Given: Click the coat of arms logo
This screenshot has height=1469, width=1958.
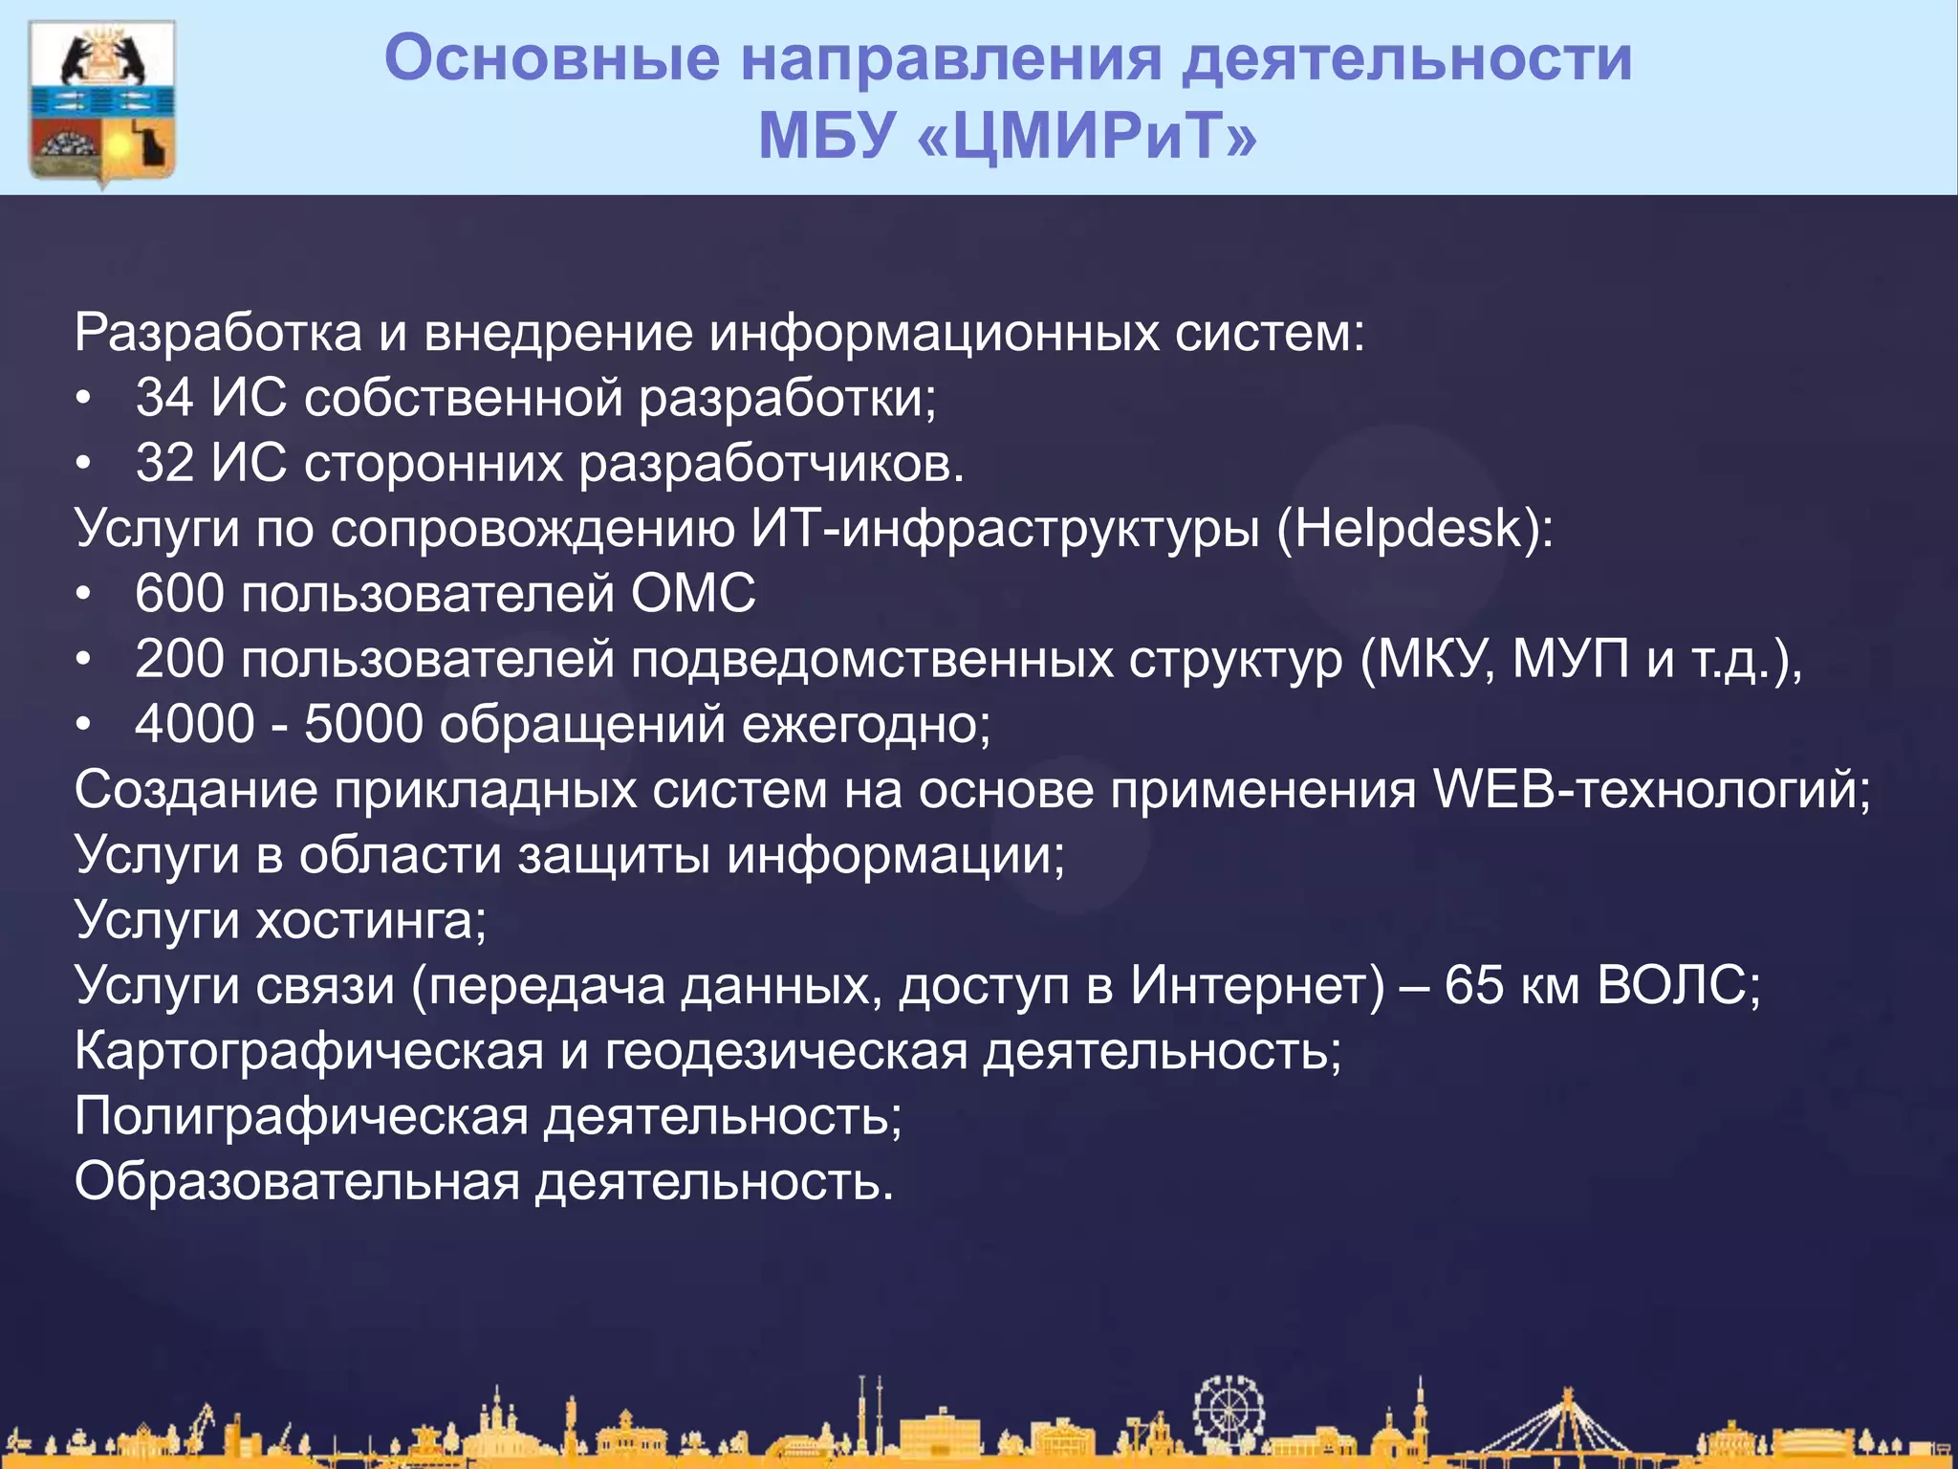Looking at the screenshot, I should click(x=103, y=102).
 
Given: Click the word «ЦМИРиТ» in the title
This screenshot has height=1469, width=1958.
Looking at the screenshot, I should click(x=1086, y=136).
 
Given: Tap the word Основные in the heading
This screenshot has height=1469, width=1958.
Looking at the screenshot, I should click(x=552, y=59).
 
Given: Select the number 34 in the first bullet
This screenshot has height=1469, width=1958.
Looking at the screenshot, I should click(x=164, y=398).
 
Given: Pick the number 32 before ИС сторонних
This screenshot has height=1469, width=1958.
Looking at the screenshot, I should click(x=164, y=463).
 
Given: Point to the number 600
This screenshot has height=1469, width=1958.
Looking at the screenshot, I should click(x=180, y=594).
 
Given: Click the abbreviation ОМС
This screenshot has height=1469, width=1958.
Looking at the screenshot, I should click(x=693, y=594).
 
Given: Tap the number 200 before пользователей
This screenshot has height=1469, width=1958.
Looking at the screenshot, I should click(x=180, y=660).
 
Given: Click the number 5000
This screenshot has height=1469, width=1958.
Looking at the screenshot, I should click(x=363, y=725).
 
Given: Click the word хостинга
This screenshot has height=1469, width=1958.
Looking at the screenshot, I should click(x=372, y=921).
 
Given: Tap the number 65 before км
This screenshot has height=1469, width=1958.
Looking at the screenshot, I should click(x=1473, y=985).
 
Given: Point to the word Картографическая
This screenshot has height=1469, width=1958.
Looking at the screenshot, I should click(x=309, y=1052).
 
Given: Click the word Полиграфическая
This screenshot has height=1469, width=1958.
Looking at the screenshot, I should click(x=301, y=1117).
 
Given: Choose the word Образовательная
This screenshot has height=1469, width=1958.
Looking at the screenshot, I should click(x=296, y=1182).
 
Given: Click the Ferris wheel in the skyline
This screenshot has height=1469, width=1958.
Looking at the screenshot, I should click(x=1229, y=1411).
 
